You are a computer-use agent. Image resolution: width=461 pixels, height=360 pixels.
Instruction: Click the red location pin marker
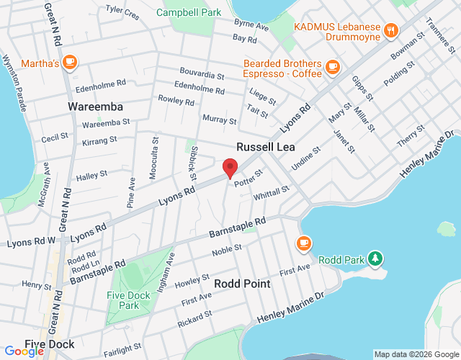230,168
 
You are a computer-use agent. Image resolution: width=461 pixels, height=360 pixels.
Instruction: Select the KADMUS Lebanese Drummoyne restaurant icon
391,30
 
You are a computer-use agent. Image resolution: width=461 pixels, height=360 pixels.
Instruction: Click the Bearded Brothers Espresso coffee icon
332,67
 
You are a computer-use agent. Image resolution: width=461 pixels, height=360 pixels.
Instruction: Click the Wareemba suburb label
95,107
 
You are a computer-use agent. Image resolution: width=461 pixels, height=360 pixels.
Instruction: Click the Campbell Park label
189,12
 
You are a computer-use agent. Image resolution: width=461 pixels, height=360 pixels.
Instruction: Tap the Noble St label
226,250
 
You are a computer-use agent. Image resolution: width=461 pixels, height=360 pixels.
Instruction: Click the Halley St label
91,175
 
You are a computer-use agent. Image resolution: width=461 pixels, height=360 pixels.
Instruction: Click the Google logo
24,351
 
